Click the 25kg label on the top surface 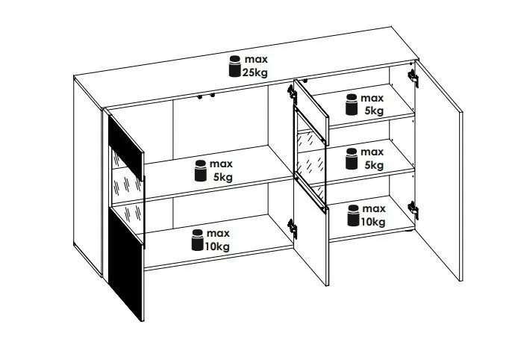point(255,72)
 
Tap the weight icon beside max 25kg point(234,66)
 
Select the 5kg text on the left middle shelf point(223,177)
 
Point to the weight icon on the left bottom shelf point(197,240)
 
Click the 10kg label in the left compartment point(217,246)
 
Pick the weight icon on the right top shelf point(352,105)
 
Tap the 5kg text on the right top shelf point(374,111)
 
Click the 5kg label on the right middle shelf point(374,165)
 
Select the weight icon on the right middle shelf point(352,158)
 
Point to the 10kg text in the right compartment point(373,222)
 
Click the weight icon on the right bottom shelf point(353,215)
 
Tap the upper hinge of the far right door point(413,78)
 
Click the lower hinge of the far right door point(413,211)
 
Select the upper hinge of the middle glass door point(292,93)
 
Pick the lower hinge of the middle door point(293,229)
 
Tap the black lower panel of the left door point(126,264)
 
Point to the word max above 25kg point(256,60)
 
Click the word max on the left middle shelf point(221,164)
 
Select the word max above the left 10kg point(218,234)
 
